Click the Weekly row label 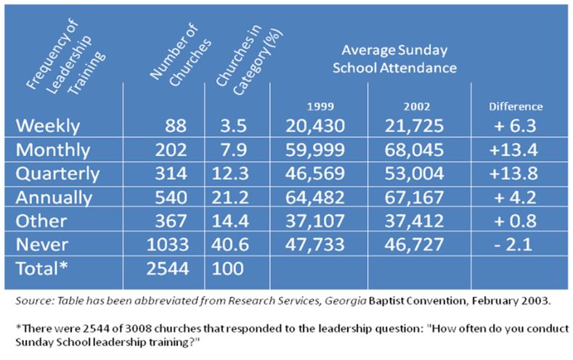pyautogui.click(x=48, y=125)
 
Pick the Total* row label pyautogui.click(x=43, y=269)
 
